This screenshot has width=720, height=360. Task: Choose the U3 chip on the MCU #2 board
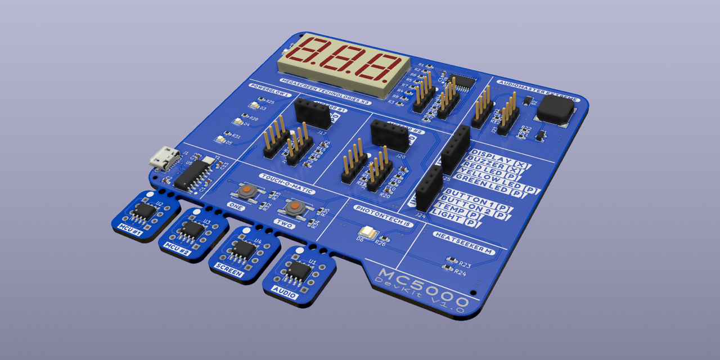tap(192, 229)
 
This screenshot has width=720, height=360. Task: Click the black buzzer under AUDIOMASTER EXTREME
tap(553, 109)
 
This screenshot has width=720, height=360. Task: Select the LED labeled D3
tap(254, 105)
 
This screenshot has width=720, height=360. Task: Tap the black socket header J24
tap(429, 188)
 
